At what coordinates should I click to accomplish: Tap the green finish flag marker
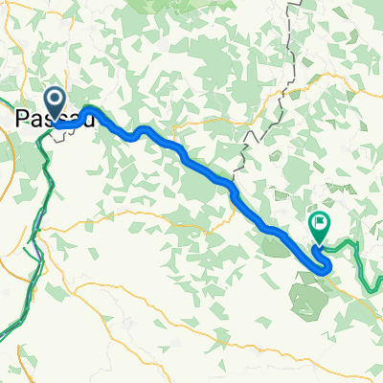[318, 226]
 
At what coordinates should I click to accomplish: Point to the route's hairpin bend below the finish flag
[326, 269]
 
